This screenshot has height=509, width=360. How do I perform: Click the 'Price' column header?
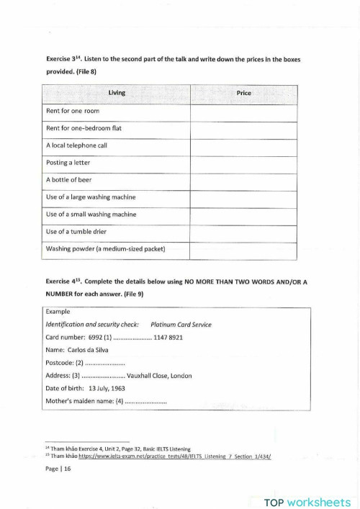point(243,94)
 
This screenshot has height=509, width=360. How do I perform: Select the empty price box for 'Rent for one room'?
point(243,112)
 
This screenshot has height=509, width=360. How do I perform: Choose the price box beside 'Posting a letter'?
point(243,163)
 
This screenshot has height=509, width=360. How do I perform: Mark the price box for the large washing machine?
point(243,197)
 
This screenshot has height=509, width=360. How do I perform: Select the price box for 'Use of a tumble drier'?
point(243,232)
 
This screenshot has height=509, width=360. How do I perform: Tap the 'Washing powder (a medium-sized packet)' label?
point(106,249)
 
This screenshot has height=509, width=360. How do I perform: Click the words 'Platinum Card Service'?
point(181,325)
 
